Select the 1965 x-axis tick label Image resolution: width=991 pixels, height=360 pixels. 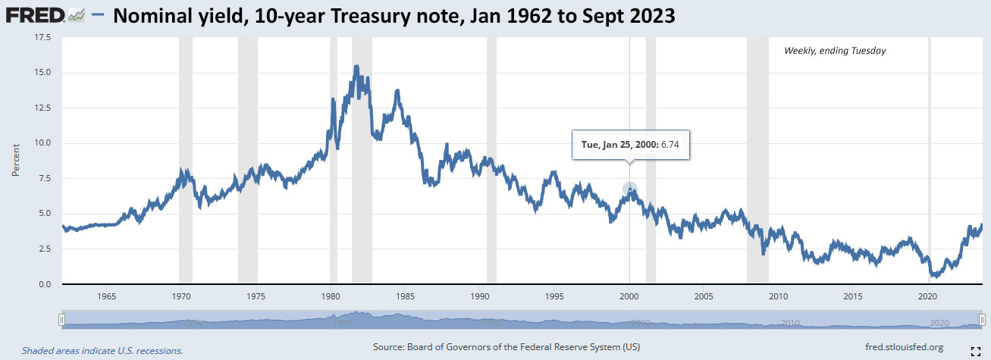pyautogui.click(x=106, y=296)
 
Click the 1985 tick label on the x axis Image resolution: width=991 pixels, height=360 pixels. pyautogui.click(x=405, y=296)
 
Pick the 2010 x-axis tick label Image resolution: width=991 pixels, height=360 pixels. pyautogui.click(x=779, y=296)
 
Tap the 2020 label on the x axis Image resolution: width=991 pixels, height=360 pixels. pyautogui.click(x=929, y=296)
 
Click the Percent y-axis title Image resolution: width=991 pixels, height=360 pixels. pyautogui.click(x=16, y=161)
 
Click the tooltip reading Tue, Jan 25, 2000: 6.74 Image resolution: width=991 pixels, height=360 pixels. pyautogui.click(x=630, y=143)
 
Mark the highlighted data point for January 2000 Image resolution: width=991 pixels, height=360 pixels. pyautogui.click(x=629, y=189)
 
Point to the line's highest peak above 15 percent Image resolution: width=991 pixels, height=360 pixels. pyautogui.click(x=356, y=67)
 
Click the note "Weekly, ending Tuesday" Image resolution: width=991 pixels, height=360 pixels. pyautogui.click(x=834, y=51)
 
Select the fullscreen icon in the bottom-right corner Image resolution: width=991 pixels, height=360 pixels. pyautogui.click(x=977, y=350)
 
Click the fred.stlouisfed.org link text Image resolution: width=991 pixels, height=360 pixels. pyautogui.click(x=904, y=347)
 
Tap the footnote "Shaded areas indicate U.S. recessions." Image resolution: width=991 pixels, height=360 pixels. pyautogui.click(x=102, y=351)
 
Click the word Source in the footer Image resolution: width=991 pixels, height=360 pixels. pyautogui.click(x=390, y=347)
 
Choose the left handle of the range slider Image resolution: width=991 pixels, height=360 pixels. pyautogui.click(x=62, y=320)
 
